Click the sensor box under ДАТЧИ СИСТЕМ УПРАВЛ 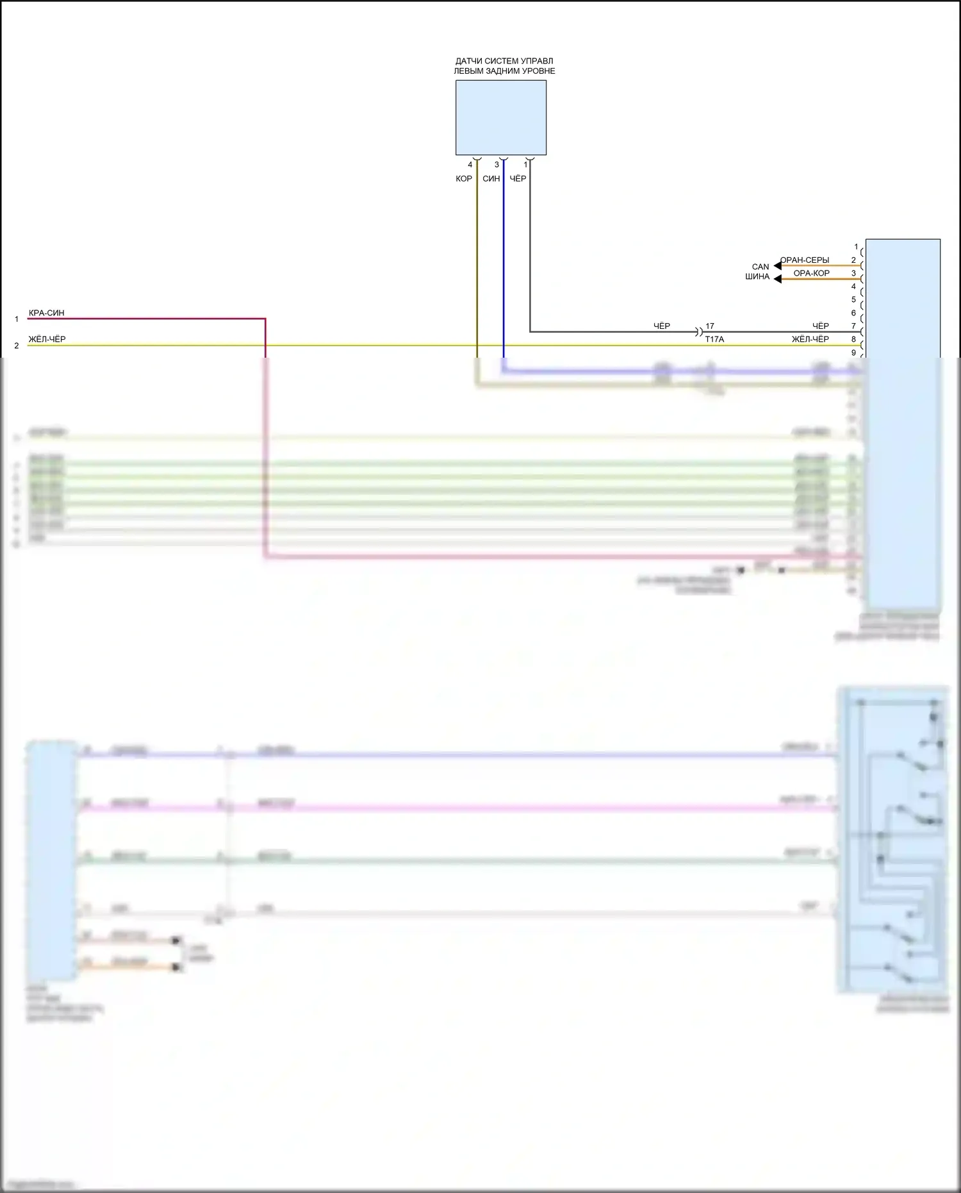tap(500, 117)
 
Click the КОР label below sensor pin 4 tap(464, 179)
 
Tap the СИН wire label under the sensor tap(491, 179)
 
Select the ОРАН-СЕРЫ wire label tap(805, 260)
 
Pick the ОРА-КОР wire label tap(811, 273)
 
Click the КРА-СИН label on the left tap(47, 313)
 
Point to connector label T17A tap(714, 339)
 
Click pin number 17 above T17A tap(709, 326)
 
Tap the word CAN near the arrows tap(760, 267)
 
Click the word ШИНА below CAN tap(757, 277)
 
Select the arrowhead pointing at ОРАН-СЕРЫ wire tap(777, 265)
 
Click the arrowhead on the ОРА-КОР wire tap(777, 279)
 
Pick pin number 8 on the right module tap(853, 339)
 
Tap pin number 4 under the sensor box tap(470, 165)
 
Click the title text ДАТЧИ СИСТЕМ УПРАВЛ tap(504, 62)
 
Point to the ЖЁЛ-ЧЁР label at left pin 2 tap(47, 339)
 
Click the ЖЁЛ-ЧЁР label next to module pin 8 tap(810, 339)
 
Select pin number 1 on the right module tap(856, 247)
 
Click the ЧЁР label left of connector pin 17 tap(662, 326)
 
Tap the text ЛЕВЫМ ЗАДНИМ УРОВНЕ tap(504, 71)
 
